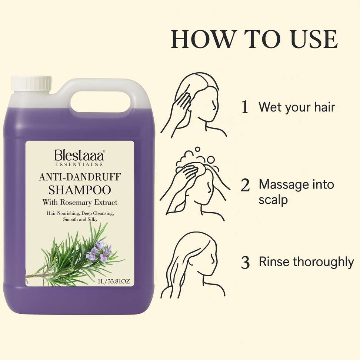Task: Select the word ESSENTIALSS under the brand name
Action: (x=79, y=164)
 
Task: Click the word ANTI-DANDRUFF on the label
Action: (x=80, y=177)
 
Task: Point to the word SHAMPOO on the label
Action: (x=80, y=190)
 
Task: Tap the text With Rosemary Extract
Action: (x=80, y=202)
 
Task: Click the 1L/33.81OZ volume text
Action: (x=114, y=281)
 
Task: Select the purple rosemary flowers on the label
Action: (x=99, y=251)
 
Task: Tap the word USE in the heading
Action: (x=314, y=39)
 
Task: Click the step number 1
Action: (x=245, y=107)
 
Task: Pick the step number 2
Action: (x=245, y=185)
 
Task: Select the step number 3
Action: (x=245, y=263)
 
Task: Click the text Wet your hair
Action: (x=297, y=107)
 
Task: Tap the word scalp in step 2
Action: (x=273, y=200)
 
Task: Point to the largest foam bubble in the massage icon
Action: (x=210, y=160)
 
